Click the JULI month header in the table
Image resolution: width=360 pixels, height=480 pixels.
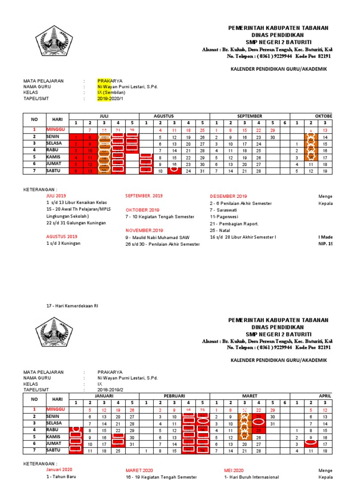[104, 116]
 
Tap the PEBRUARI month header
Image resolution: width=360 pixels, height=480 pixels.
[174, 396]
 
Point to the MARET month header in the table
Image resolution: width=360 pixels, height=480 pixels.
[249, 396]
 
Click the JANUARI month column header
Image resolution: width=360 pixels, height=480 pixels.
[104, 396]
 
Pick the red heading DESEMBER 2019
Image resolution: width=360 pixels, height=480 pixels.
[228, 196]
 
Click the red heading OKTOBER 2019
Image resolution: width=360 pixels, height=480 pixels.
[142, 210]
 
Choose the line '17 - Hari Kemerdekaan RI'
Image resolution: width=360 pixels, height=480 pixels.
[72, 306]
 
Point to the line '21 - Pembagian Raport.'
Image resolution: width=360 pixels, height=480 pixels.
[235, 224]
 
